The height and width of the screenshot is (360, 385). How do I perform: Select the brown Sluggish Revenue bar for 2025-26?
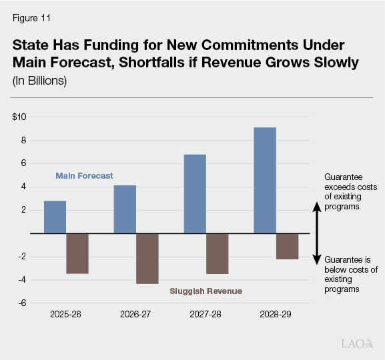pos(77,253)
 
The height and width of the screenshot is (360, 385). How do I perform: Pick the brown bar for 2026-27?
pos(147,259)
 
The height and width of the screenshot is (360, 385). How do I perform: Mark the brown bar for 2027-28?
pos(218,253)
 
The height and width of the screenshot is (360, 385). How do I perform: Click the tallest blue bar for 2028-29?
pos(265,180)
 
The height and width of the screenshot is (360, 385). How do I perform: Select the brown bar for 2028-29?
pos(288,246)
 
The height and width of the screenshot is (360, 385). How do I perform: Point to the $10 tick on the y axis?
pos(19,117)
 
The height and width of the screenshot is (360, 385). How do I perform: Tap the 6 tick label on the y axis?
pos(23,163)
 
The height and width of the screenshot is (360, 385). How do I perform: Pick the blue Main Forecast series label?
pos(83,176)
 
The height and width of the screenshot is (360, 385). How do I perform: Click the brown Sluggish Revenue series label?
pos(206,291)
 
